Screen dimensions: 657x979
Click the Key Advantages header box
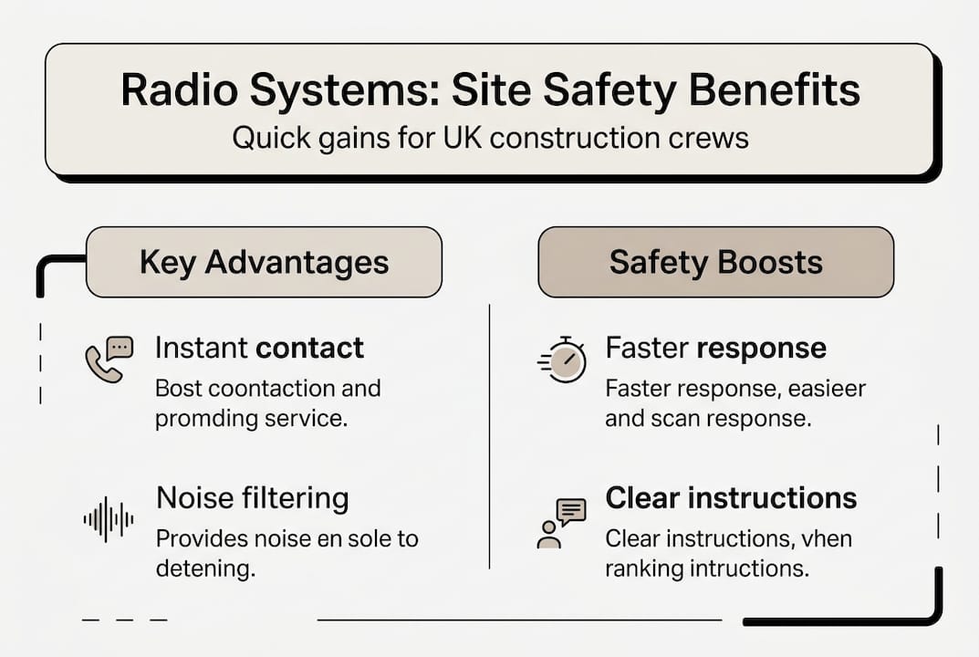coord(264,262)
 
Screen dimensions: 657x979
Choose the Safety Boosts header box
coord(716,262)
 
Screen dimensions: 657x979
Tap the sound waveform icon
coord(109,520)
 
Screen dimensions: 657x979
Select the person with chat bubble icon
coord(559,523)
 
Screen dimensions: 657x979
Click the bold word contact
coord(309,348)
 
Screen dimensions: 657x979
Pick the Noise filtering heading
coord(252,498)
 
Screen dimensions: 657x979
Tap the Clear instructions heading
coord(731,498)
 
